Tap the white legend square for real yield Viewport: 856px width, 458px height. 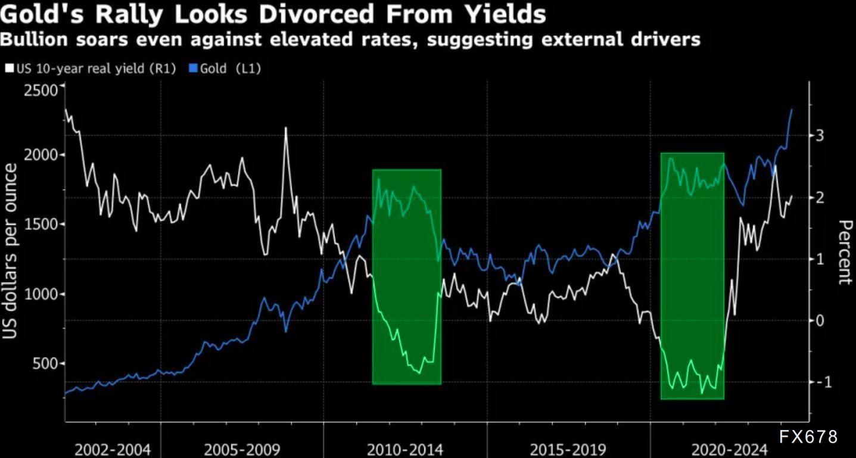[10, 68]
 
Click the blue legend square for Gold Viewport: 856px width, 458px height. [192, 68]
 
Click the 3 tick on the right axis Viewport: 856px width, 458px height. [820, 136]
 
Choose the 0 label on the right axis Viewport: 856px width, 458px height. [820, 321]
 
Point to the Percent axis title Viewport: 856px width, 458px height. [844, 252]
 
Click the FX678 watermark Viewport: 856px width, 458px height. [808, 437]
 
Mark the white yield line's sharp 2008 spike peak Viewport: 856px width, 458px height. [285, 128]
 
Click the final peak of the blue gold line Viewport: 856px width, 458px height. [792, 110]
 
